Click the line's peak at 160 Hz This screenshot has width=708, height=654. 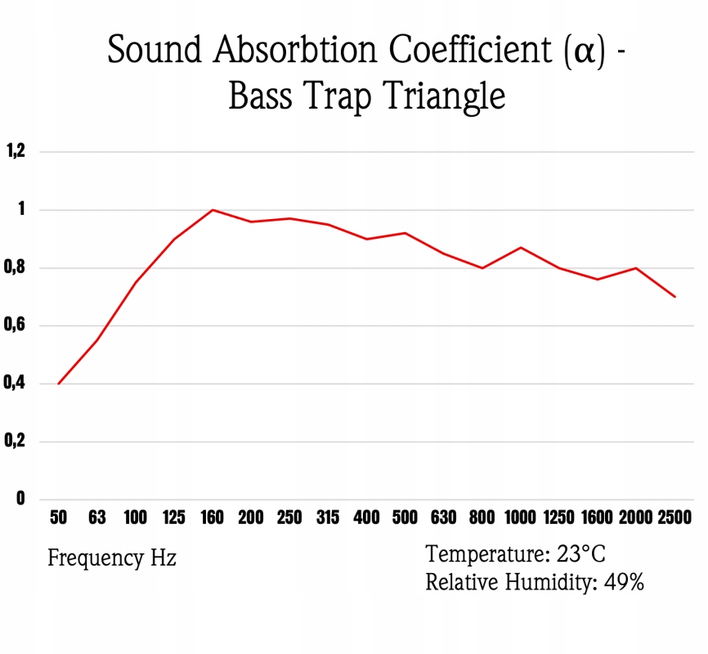coord(213,210)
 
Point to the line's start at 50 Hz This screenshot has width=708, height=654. coord(58,383)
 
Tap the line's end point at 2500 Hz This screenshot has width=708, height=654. coord(675,297)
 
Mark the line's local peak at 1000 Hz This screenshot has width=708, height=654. coord(521,247)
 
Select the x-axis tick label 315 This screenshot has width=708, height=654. coord(328,517)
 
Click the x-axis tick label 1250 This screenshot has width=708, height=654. coord(559,517)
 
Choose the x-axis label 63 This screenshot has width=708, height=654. coord(96,517)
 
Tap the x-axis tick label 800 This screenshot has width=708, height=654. coord(482,517)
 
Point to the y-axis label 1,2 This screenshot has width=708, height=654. coord(16,151)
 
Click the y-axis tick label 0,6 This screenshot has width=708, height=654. coord(16,325)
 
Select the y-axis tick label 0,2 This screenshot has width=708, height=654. coord(16,441)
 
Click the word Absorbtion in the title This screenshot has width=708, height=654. coord(298,51)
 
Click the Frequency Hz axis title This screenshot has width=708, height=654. coord(112,558)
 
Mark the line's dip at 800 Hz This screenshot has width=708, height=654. coord(482,268)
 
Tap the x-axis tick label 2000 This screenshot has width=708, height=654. coord(636,517)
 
